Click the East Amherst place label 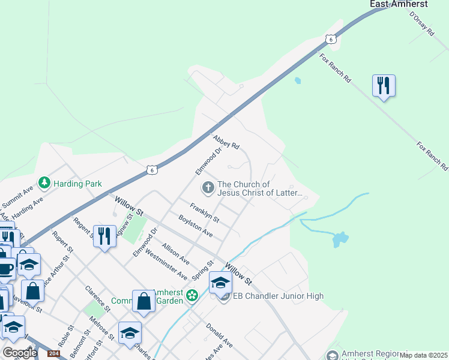(x=399, y=4)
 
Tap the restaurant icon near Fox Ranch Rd (x=383, y=85)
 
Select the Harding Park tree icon (x=44, y=182)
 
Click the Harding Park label (x=77, y=184)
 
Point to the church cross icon (x=208, y=188)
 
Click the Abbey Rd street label (x=226, y=142)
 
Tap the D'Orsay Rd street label (x=422, y=25)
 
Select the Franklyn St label (x=205, y=211)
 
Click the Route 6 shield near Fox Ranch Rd (x=330, y=39)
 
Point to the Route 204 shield (x=53, y=353)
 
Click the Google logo (x=20, y=353)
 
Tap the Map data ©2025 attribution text (x=423, y=355)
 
